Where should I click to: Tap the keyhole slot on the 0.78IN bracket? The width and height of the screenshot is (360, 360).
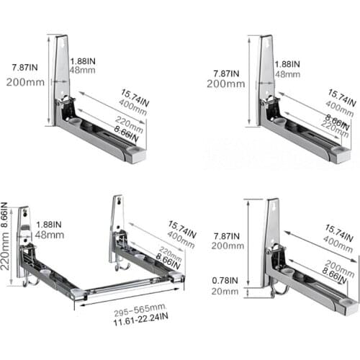273,210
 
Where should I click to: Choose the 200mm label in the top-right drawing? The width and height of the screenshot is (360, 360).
221,84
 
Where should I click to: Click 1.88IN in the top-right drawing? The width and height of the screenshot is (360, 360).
287,64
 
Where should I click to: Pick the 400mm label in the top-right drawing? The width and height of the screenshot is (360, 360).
341,107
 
